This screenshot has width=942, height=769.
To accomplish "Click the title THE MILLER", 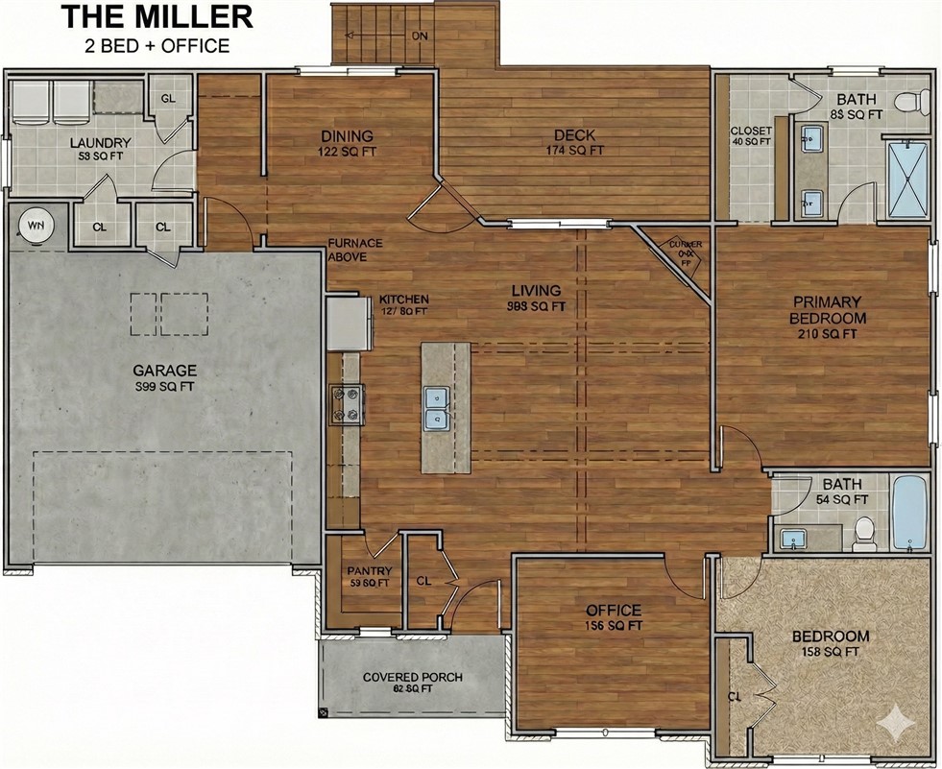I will pyautogui.click(x=157, y=16).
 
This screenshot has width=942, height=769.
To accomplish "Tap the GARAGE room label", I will pyautogui.click(x=164, y=370).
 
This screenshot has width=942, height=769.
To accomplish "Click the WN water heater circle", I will pyautogui.click(x=36, y=226).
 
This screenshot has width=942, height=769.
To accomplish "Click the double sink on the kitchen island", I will pyautogui.click(x=438, y=407).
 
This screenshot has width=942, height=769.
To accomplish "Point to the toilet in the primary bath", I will pyautogui.click(x=910, y=100).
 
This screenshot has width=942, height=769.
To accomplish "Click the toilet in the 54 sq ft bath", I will pyautogui.click(x=865, y=533).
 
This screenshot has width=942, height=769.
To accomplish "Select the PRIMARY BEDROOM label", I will pyautogui.click(x=827, y=309).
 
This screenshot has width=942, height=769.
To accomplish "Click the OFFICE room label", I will pyautogui.click(x=614, y=611).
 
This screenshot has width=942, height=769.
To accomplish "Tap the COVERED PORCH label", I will pyautogui.click(x=412, y=677).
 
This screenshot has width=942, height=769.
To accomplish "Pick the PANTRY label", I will pyautogui.click(x=369, y=571).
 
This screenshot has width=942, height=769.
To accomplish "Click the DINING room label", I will pyautogui.click(x=347, y=136).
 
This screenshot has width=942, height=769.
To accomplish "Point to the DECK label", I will pyautogui.click(x=574, y=135).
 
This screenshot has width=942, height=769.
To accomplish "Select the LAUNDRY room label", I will pyautogui.click(x=101, y=143).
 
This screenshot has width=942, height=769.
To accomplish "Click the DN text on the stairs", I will pyautogui.click(x=420, y=36).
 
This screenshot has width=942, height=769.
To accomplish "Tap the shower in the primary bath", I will pyautogui.click(x=908, y=180).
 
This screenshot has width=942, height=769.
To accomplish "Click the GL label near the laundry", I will pyautogui.click(x=168, y=99).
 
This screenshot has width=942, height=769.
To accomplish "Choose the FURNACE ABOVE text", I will pyautogui.click(x=355, y=250).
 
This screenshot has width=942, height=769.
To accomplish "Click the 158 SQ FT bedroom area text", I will pyautogui.click(x=830, y=653).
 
